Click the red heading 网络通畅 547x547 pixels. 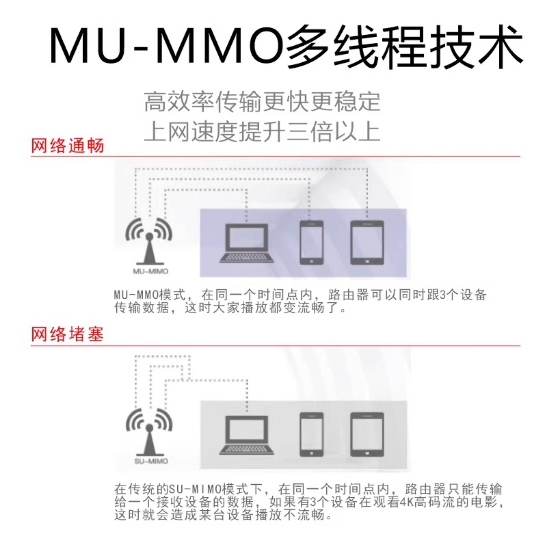[67, 146]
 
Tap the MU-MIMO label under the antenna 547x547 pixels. [150, 271]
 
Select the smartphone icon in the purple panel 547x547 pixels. [311, 243]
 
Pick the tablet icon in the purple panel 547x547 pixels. [367, 243]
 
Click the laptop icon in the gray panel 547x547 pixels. [247, 435]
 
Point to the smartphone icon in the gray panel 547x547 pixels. [311, 435]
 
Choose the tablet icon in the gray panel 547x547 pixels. [367, 435]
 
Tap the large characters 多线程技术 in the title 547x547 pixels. [403, 45]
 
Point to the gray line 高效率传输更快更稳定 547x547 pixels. [262, 101]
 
